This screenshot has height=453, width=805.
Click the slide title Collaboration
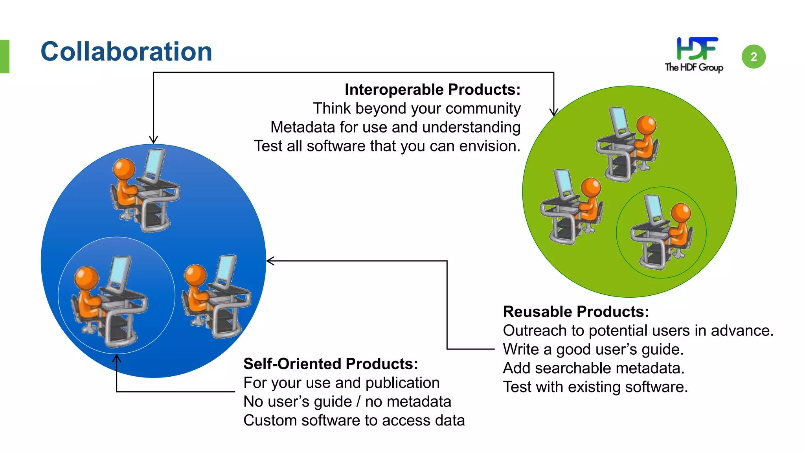(x=126, y=52)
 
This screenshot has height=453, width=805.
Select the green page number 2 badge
(x=754, y=57)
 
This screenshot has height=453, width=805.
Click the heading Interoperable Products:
(x=432, y=90)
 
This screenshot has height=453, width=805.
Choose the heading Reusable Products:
(x=576, y=312)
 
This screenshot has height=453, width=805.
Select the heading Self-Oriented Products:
(x=331, y=364)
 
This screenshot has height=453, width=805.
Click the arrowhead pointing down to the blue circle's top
(x=153, y=140)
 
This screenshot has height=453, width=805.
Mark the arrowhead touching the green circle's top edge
(x=554, y=112)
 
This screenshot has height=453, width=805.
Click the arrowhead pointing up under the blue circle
(x=117, y=358)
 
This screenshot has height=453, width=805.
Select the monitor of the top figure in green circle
(x=619, y=120)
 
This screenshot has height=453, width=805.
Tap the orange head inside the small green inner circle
(x=681, y=213)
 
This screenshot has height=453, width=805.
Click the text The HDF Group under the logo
(x=694, y=68)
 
